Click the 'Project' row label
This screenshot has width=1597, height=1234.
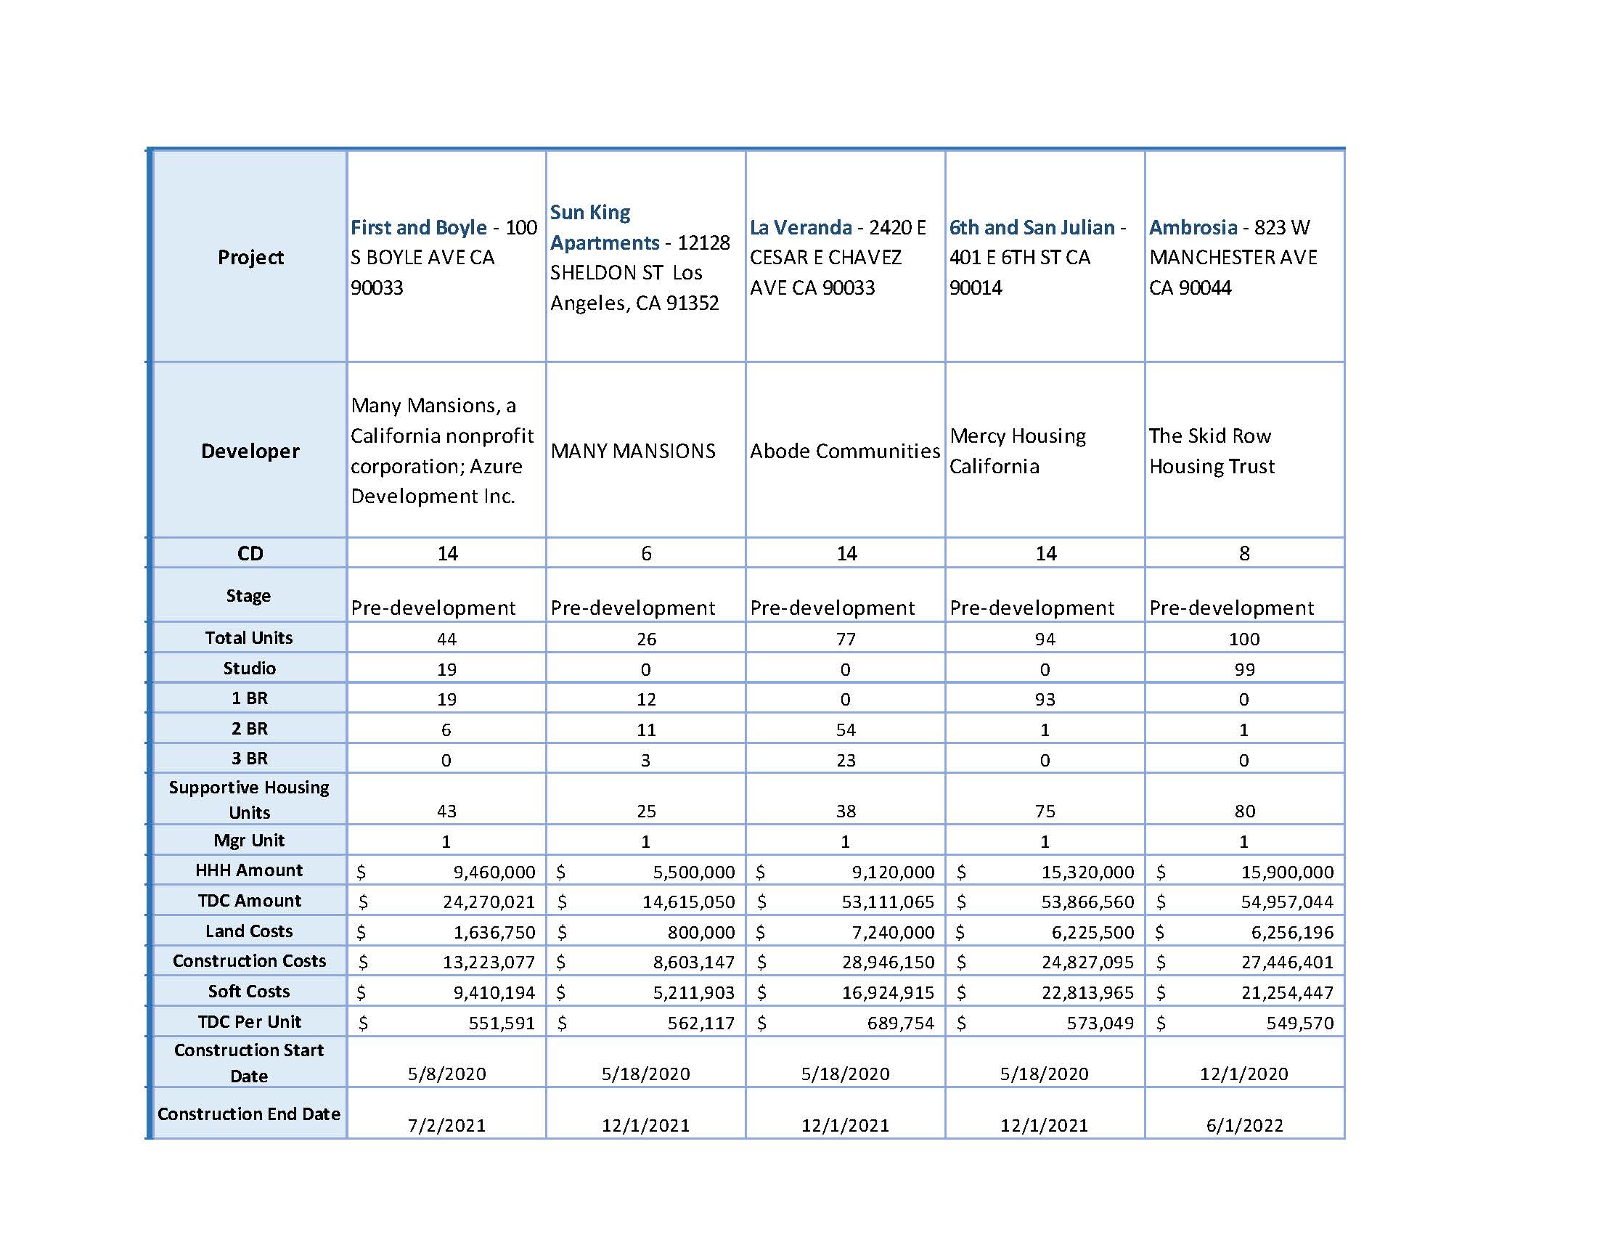250,258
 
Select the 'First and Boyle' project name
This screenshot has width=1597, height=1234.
418,227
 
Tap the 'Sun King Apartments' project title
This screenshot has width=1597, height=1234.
605,227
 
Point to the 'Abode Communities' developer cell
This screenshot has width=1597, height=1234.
844,451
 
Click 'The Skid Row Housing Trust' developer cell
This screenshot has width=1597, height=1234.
1211,451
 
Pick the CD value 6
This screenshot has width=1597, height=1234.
645,553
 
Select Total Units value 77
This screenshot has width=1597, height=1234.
845,639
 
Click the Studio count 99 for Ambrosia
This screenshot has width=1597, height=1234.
1243,670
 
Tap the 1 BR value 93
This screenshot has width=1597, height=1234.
1044,700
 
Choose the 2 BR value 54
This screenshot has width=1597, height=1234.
845,730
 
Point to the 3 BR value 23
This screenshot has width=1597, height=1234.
845,760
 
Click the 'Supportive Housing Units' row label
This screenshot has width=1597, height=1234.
248,800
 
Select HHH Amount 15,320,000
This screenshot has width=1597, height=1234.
1087,872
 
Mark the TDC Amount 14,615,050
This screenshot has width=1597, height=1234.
688,902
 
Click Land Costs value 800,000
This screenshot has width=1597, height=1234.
701,932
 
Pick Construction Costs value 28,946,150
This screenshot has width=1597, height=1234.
888,962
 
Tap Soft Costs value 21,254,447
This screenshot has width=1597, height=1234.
1287,993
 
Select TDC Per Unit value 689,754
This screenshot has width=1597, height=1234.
900,1023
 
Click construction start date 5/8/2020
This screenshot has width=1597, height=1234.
446,1074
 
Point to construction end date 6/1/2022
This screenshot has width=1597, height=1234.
1243,1125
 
